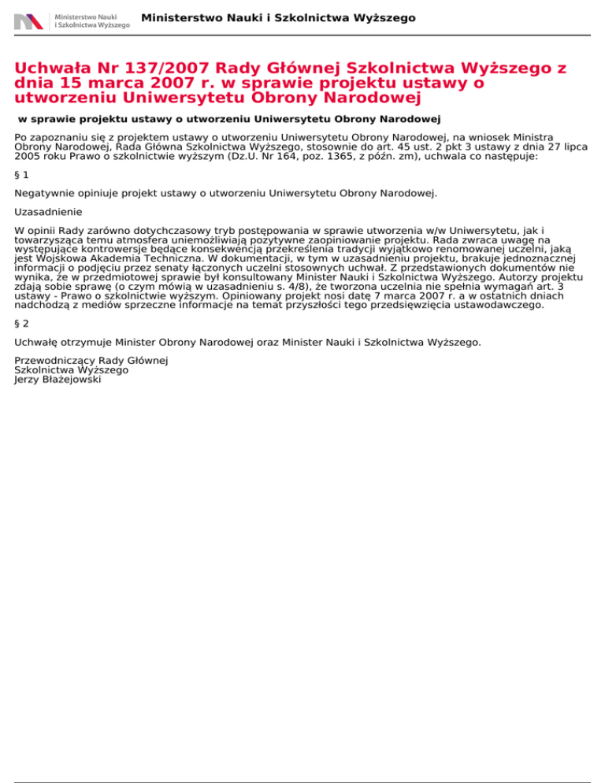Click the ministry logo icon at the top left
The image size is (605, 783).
[28, 21]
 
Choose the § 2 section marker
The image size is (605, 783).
[22, 322]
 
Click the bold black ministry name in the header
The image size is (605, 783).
[279, 17]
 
